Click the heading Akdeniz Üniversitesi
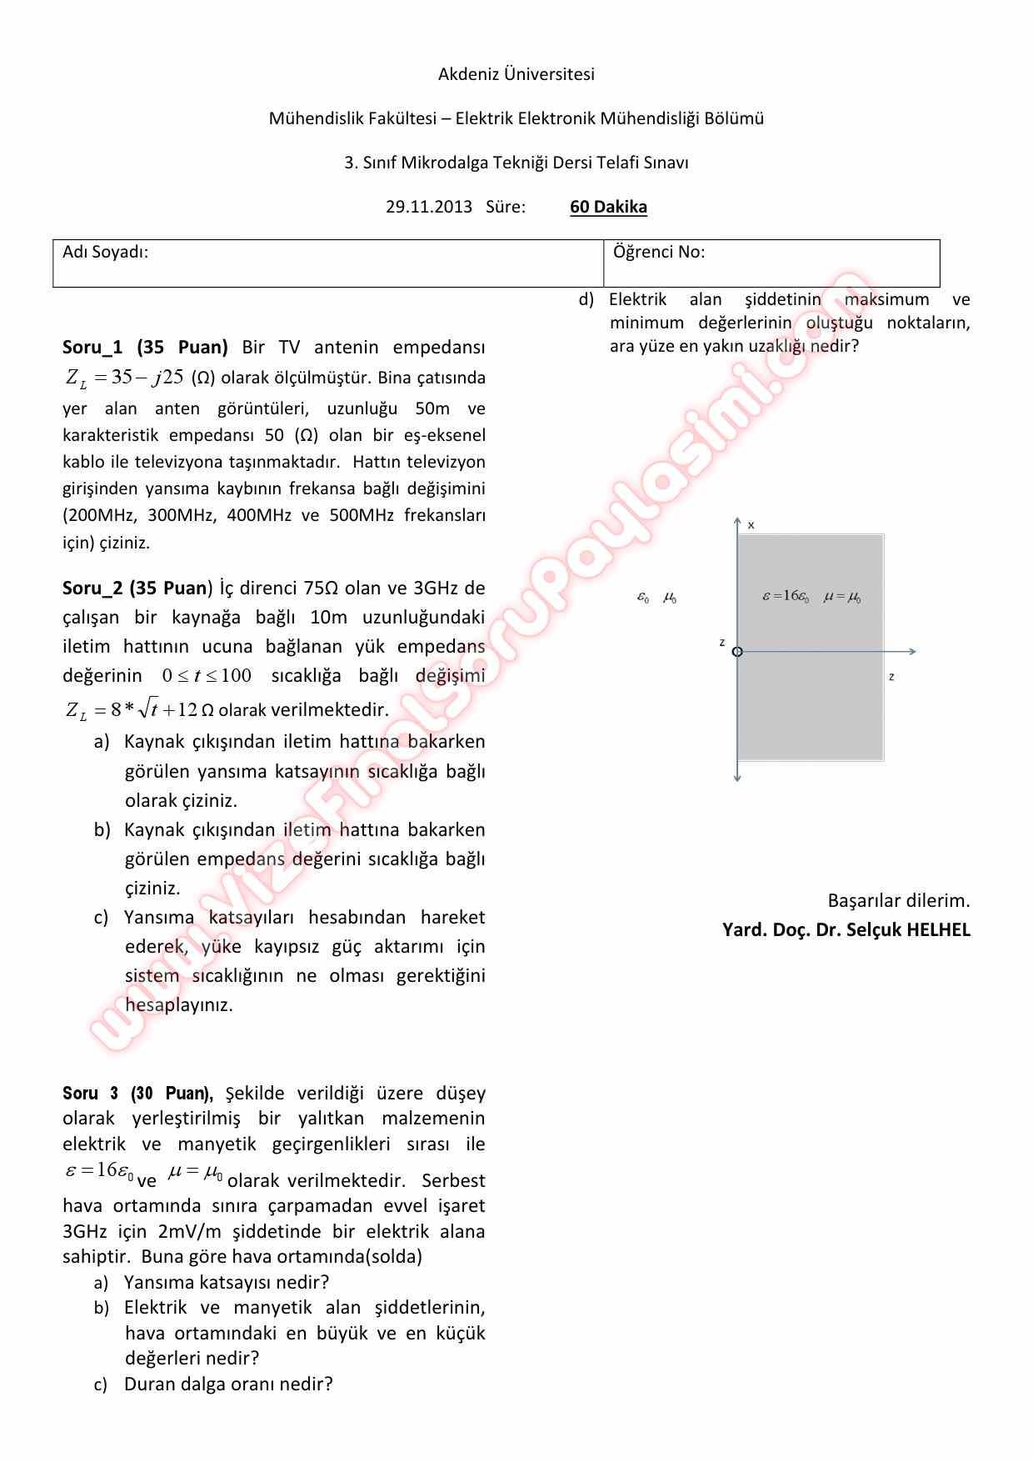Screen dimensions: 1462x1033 [x=516, y=74]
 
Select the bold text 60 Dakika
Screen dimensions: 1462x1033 [x=608, y=207]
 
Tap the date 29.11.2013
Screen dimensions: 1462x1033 [x=428, y=207]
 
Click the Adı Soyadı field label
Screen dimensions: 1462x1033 [x=106, y=252]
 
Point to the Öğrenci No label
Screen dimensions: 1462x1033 [x=658, y=252]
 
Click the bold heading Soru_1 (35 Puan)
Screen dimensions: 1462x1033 [x=145, y=347]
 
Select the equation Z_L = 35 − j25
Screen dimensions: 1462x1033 [x=124, y=378]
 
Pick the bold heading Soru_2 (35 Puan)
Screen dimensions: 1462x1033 [x=137, y=588]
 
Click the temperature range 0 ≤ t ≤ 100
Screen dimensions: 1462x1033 [x=207, y=676]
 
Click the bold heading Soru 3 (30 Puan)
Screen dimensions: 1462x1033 [x=137, y=1093]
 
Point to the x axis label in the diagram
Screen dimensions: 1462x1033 [x=751, y=525]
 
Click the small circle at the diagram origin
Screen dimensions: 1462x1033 [x=737, y=652]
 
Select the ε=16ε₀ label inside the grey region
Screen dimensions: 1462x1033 [x=786, y=597]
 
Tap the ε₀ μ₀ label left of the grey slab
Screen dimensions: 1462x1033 [x=656, y=598]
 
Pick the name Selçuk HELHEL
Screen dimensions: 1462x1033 [x=908, y=929]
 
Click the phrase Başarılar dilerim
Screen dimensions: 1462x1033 [x=898, y=900]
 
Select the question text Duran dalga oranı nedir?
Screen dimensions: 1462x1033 [x=228, y=1384]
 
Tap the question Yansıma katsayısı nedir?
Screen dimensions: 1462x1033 [x=227, y=1282]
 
